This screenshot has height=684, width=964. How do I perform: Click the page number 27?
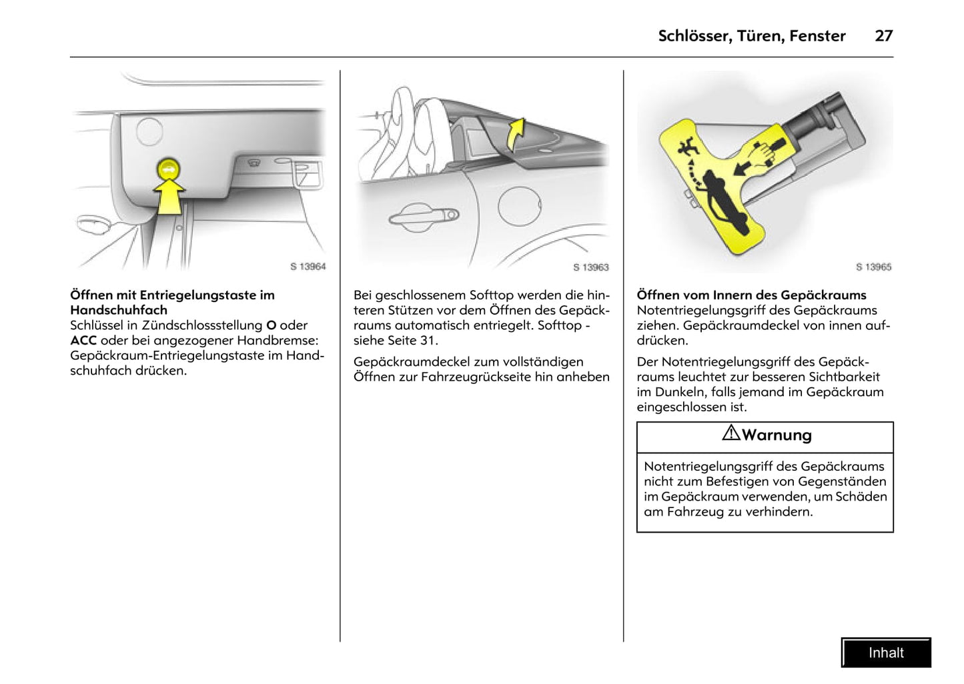click(883, 36)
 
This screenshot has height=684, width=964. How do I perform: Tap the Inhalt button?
click(886, 653)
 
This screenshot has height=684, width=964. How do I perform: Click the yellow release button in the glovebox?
click(168, 171)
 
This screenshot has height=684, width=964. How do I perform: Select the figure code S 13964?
click(308, 267)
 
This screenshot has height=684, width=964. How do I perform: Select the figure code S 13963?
click(590, 267)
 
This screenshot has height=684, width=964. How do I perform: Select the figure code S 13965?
click(873, 267)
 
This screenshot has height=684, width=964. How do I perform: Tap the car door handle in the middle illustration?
click(424, 215)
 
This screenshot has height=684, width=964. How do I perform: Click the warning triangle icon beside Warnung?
click(731, 433)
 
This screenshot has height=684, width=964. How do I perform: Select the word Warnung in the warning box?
click(777, 435)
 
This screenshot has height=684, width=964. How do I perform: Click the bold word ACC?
click(83, 341)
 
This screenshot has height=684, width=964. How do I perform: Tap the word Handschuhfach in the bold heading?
click(119, 310)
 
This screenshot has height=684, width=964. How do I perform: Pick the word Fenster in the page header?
click(817, 36)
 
